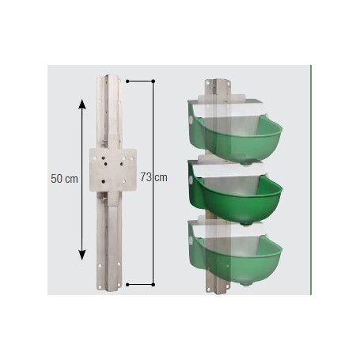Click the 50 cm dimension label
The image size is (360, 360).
(x=63, y=179)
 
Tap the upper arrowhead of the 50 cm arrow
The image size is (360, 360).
(x=81, y=102)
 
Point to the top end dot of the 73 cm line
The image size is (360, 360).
(x=151, y=80)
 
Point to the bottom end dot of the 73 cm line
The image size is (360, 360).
(x=151, y=282)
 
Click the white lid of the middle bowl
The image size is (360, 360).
(x=229, y=167)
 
